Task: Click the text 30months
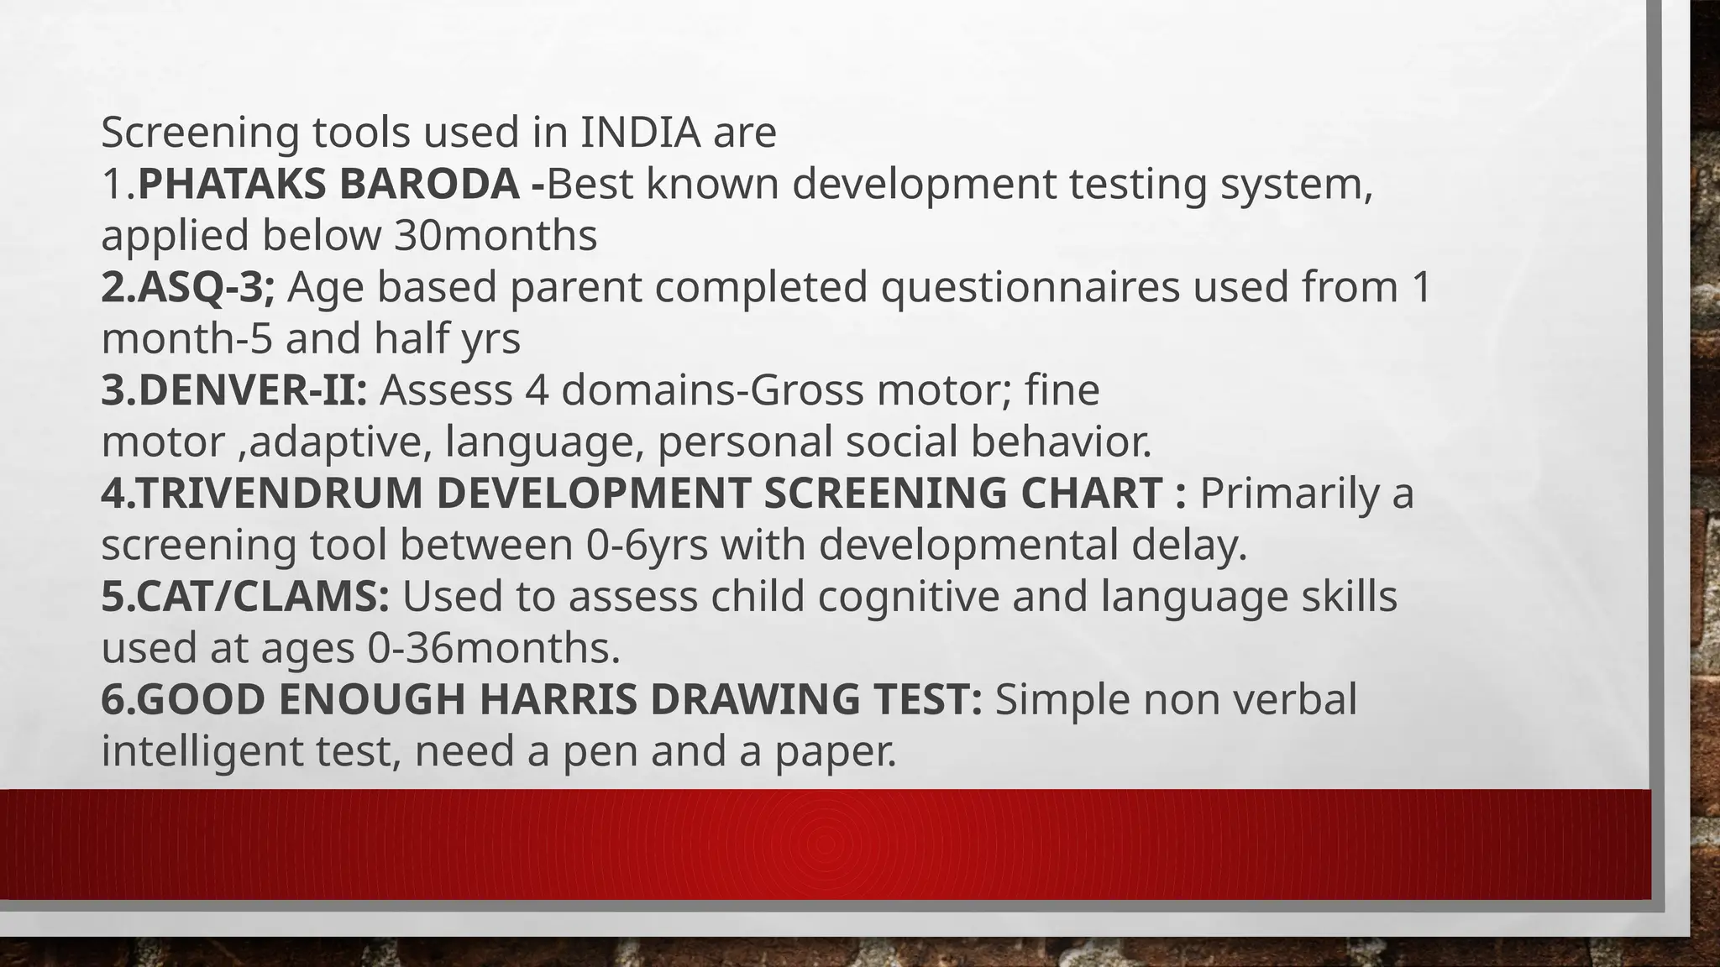pos(496,236)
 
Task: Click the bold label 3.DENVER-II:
pos(234,390)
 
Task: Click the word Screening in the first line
pos(200,133)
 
